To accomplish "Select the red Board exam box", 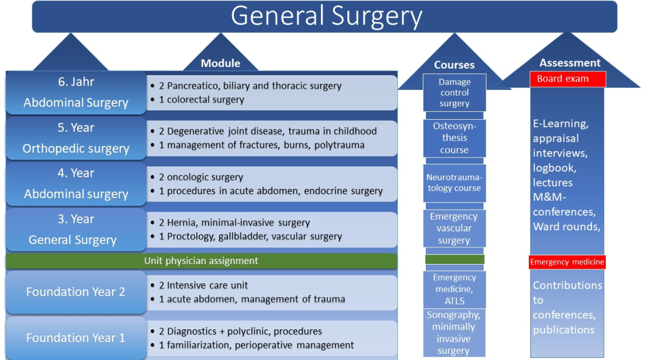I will tap(568, 79).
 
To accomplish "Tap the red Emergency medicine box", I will tap(567, 262).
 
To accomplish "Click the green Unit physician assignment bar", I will tap(201, 261).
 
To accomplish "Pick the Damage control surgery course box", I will tap(454, 92).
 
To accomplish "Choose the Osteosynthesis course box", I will tap(454, 138).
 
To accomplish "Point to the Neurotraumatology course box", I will tap(454, 183).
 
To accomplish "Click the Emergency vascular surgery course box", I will tap(454, 228).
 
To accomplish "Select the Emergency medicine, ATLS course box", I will tap(454, 289).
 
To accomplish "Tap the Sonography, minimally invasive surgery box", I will tap(454, 333).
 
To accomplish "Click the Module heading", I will tap(221, 63).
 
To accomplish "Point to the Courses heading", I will tap(454, 65).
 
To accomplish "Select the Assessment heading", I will tap(570, 63).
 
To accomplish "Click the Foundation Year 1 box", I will tap(76, 337).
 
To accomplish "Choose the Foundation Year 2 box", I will tap(76, 292).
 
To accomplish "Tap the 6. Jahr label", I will tap(76, 82).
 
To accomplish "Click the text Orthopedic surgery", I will tap(76, 149).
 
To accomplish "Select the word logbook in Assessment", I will tap(554, 168).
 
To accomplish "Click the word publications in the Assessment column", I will tap(564, 329).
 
